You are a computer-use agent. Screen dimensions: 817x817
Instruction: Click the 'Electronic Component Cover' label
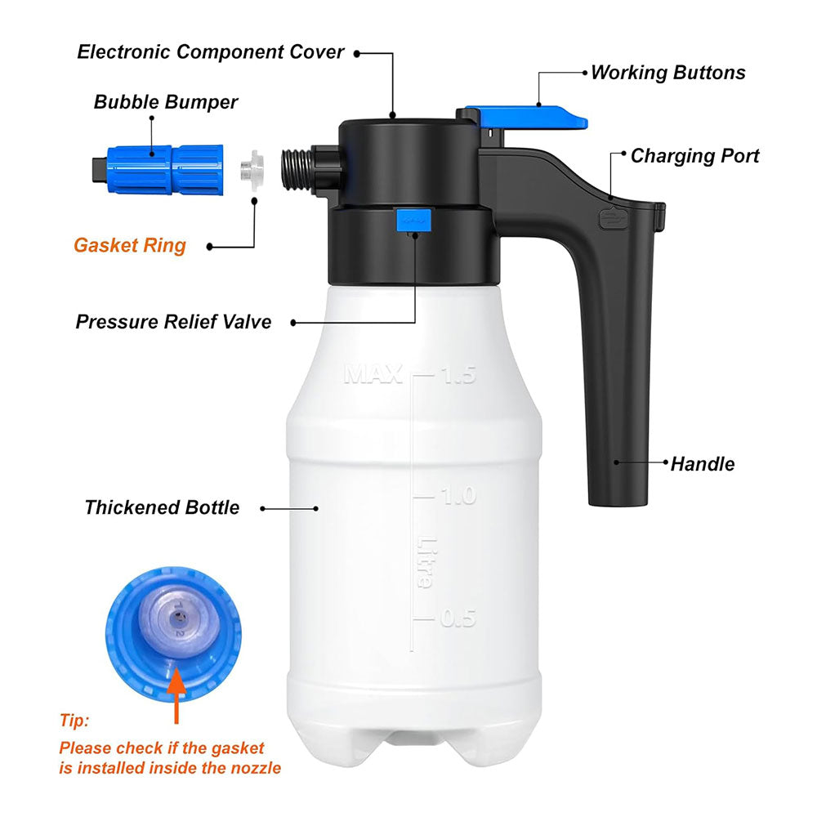pos(211,52)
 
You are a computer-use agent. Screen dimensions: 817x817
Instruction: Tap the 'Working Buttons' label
pos(668,73)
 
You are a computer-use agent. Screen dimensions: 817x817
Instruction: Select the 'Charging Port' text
pos(695,156)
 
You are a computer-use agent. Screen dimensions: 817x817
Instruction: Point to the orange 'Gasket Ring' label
pos(130,245)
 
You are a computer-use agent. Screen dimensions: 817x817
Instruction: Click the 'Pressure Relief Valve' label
pos(173,322)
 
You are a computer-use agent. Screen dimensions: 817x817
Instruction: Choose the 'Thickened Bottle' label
pos(162,507)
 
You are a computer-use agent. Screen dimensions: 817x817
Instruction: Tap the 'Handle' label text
pos(703,464)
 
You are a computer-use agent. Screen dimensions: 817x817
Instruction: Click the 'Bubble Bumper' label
pos(166,102)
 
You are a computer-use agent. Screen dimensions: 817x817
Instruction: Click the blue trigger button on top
pos(532,117)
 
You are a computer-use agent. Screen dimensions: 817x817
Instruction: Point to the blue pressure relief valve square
pos(415,220)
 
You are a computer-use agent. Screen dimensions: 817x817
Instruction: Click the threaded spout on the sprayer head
pos(297,168)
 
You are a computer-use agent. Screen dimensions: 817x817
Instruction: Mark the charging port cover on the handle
pos(614,218)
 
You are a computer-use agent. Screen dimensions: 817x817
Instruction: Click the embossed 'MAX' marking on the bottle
pos(373,374)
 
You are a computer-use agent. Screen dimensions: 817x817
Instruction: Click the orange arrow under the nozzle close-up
pos(176,695)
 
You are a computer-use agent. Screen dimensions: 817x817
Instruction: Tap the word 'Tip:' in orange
pos(74,720)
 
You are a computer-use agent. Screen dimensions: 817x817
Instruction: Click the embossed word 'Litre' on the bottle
pos(425,562)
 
